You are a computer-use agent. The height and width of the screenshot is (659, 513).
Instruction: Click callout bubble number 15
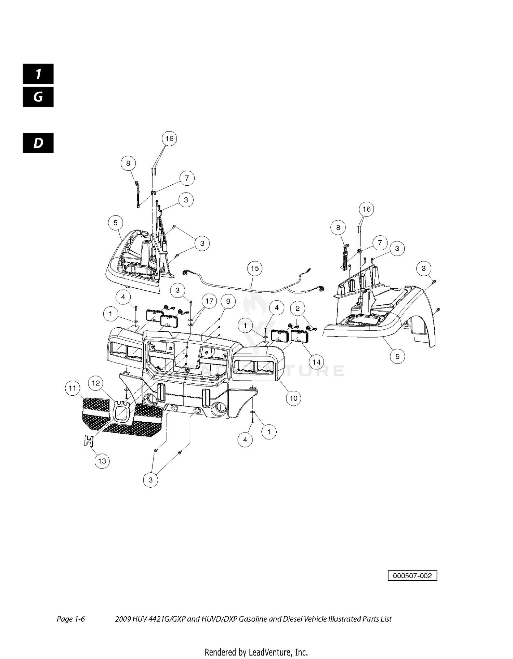255,268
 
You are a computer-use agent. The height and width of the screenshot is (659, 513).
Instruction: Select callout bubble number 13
102,461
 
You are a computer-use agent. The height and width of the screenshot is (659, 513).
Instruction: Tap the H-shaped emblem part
89,441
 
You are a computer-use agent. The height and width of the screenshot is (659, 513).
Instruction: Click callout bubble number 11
72,388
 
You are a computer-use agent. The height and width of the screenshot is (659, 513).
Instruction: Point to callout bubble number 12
96,383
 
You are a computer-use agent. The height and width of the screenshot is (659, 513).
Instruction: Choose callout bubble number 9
228,301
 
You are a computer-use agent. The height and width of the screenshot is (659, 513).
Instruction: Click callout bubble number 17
209,301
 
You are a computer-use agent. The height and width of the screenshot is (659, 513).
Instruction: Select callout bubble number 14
317,362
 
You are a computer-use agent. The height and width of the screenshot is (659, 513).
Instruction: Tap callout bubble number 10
293,398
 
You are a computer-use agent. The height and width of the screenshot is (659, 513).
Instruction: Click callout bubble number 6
397,356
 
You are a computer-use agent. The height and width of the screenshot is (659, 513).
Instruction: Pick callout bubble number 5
116,223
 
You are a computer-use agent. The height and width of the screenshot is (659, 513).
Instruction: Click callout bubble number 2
298,308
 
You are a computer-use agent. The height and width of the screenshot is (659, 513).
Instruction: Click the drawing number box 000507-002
412,576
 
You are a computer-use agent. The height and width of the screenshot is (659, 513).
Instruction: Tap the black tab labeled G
38,97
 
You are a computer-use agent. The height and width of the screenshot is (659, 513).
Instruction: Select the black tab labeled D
38,143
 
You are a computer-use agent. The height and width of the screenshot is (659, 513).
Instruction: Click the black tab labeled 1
38,74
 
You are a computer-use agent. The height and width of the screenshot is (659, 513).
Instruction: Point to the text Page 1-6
71,619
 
